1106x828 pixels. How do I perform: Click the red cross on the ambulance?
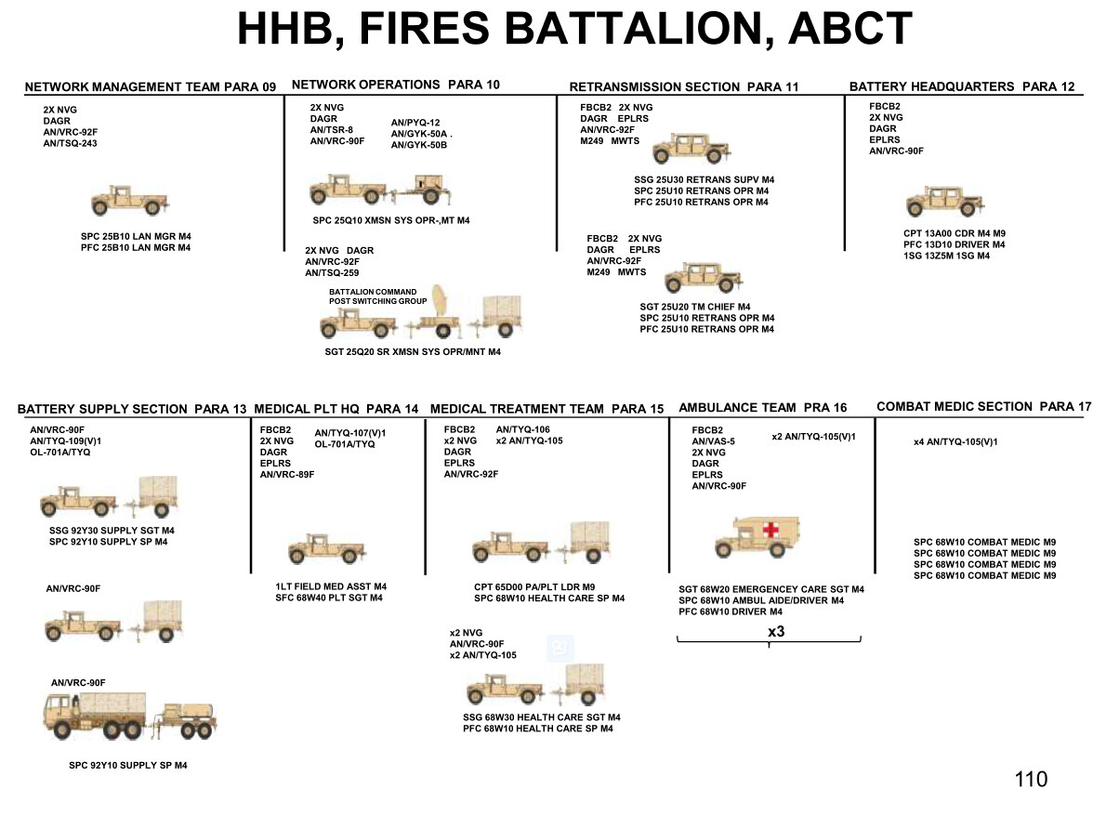pyautogui.click(x=771, y=528)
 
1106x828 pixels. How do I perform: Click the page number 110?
pyautogui.click(x=1032, y=780)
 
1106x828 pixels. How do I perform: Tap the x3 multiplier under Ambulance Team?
pyautogui.click(x=776, y=632)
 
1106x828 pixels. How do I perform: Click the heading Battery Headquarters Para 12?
pyautogui.click(x=962, y=86)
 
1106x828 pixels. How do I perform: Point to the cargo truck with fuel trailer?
pyautogui.click(x=130, y=716)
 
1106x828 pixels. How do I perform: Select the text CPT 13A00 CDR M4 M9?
pyautogui.click(x=955, y=233)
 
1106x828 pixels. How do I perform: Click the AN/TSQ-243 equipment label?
pyautogui.click(x=70, y=143)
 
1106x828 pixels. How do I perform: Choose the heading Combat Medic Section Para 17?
pyautogui.click(x=984, y=406)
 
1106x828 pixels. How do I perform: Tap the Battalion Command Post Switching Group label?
pyautogui.click(x=377, y=296)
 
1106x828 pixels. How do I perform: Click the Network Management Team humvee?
pyautogui.click(x=130, y=201)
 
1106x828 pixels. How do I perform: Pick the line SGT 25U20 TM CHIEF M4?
pyautogui.click(x=695, y=307)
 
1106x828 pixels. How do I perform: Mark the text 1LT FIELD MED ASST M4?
pyautogui.click(x=331, y=586)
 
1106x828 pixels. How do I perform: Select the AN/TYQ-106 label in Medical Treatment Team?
pyautogui.click(x=522, y=429)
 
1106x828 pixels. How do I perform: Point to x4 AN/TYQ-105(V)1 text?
pyautogui.click(x=955, y=442)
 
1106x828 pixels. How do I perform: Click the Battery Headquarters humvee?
pyautogui.click(x=945, y=201)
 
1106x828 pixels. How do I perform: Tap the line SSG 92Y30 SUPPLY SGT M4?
pyautogui.click(x=112, y=531)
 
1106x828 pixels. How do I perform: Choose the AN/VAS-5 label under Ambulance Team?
pyautogui.click(x=713, y=441)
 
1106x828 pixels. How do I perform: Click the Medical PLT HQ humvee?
pyautogui.click(x=327, y=548)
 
